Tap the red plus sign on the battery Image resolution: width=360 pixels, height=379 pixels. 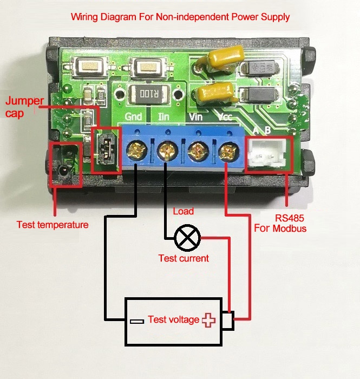coord(208,320)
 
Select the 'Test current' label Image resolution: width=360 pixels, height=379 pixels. coord(184,258)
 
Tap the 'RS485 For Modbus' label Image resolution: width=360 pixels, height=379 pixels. coord(280,224)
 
